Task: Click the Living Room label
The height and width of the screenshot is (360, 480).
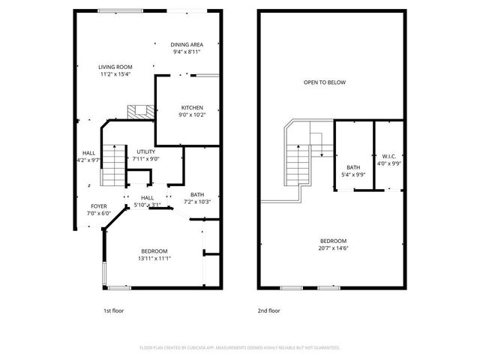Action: point(115,67)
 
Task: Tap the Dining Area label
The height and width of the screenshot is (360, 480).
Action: point(186,44)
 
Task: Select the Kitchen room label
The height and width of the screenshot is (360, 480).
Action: point(191,108)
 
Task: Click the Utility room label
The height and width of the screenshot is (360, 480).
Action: point(145,151)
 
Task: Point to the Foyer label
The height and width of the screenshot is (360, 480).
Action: point(100,205)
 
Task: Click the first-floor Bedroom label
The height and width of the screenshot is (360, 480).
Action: point(154,251)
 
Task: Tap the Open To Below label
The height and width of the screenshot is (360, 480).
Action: point(324,82)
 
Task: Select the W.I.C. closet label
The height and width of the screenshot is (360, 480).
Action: point(388,157)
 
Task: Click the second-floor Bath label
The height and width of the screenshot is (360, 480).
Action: point(352,167)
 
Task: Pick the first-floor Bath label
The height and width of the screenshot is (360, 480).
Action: point(197,194)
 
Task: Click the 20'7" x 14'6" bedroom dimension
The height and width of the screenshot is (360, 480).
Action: point(334,248)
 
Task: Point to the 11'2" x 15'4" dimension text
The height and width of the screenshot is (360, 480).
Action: point(115,74)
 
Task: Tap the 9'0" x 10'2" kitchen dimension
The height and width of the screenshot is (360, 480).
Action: point(191,115)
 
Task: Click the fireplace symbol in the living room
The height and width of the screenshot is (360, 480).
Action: point(138,112)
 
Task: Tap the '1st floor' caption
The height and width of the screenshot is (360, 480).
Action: point(114,309)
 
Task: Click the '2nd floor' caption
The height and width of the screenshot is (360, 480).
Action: point(268,309)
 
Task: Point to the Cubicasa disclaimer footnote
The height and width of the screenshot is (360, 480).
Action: point(240,348)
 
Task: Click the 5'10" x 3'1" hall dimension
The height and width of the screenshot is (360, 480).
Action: point(147,205)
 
